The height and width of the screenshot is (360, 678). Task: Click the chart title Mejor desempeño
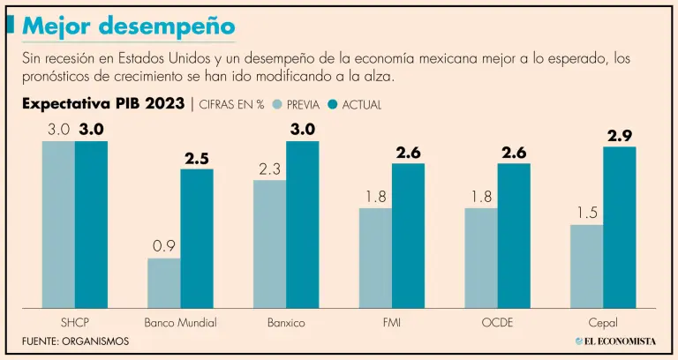click(x=129, y=26)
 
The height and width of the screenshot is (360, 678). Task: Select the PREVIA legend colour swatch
click(x=275, y=104)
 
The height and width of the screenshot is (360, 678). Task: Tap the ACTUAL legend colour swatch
click(x=333, y=104)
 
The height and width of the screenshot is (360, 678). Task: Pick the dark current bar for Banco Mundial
click(x=197, y=237)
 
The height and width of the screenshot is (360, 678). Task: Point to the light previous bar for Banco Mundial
click(x=164, y=282)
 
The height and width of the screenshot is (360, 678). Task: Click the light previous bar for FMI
click(x=375, y=257)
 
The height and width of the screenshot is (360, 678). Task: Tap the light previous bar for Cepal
click(x=586, y=266)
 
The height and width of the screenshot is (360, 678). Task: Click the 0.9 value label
click(x=164, y=246)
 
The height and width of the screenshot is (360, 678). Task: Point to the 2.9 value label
click(x=620, y=135)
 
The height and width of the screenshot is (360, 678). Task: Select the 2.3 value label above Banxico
click(x=269, y=169)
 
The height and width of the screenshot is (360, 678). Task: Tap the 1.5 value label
click(x=586, y=213)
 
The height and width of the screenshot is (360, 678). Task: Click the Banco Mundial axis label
click(x=180, y=323)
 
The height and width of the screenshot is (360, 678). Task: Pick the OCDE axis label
click(x=497, y=323)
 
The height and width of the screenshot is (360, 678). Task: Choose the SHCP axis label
click(x=74, y=323)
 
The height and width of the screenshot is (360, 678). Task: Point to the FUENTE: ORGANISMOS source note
click(x=76, y=341)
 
